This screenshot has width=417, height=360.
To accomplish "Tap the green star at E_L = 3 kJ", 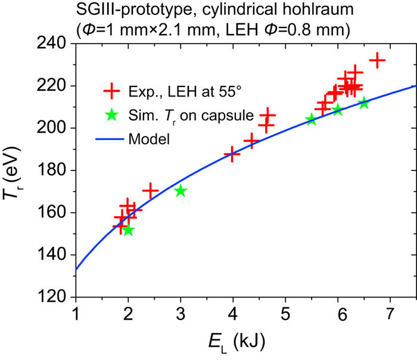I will coord(181,191).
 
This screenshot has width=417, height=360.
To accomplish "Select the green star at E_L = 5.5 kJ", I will coord(312,120).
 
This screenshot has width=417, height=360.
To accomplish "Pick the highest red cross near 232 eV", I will coord(377,60).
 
